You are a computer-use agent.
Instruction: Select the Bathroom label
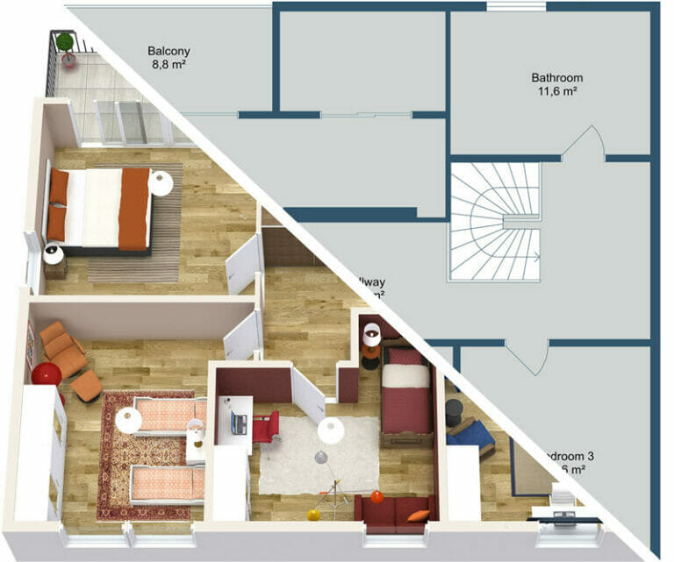point(556,77)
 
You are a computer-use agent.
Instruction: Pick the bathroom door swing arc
point(584,140)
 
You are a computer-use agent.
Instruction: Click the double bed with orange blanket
point(97,208)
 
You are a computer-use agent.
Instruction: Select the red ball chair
point(47,374)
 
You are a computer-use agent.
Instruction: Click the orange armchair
point(61,346)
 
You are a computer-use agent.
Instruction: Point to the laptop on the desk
point(239,423)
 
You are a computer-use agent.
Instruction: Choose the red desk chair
point(265,427)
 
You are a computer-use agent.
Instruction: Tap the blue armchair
point(473,434)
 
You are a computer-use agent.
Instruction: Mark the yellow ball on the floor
point(313,515)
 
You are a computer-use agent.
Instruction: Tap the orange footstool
point(87,387)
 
